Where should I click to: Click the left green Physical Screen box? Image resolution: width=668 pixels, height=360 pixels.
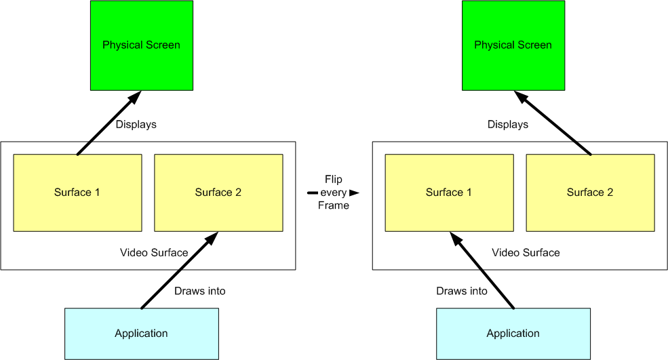pyautogui.click(x=141, y=45)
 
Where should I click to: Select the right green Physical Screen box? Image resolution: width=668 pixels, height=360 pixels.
pyautogui.click(x=513, y=45)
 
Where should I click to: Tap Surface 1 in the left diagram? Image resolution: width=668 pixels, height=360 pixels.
pyautogui.click(x=77, y=193)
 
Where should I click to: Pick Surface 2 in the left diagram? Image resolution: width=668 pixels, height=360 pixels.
pyautogui.click(x=218, y=193)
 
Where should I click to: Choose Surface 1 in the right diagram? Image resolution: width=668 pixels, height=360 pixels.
pyautogui.click(x=449, y=193)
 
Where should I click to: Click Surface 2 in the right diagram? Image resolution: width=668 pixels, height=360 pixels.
pyautogui.click(x=590, y=193)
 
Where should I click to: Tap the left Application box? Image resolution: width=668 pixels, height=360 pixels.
pyautogui.click(x=141, y=333)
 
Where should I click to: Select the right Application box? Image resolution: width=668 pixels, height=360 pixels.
pyautogui.click(x=513, y=333)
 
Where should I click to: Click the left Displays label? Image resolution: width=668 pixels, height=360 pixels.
pyautogui.click(x=136, y=125)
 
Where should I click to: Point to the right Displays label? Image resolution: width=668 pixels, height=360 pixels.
pyautogui.click(x=508, y=125)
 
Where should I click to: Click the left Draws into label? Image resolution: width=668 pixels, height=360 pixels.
pyautogui.click(x=200, y=291)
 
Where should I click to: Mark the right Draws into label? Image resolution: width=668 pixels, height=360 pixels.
pyautogui.click(x=462, y=291)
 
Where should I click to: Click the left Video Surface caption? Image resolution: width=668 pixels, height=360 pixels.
pyautogui.click(x=154, y=253)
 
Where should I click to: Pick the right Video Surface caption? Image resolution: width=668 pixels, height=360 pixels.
pyautogui.click(x=526, y=253)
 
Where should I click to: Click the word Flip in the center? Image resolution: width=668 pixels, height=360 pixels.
pyautogui.click(x=334, y=180)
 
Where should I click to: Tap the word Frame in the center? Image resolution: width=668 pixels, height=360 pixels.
pyautogui.click(x=334, y=205)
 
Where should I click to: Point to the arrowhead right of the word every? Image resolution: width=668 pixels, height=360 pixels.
pyautogui.click(x=354, y=193)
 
